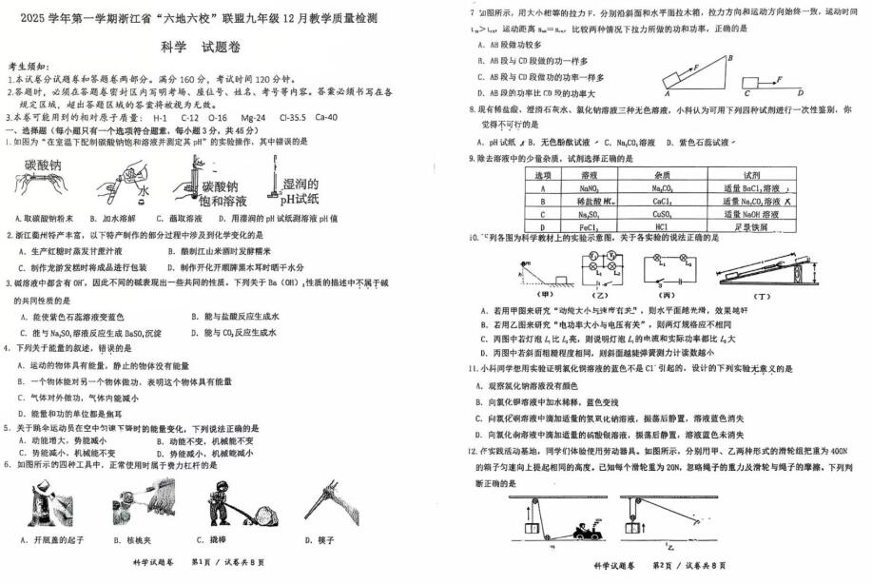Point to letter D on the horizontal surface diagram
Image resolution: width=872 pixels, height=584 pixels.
tap(802, 93)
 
